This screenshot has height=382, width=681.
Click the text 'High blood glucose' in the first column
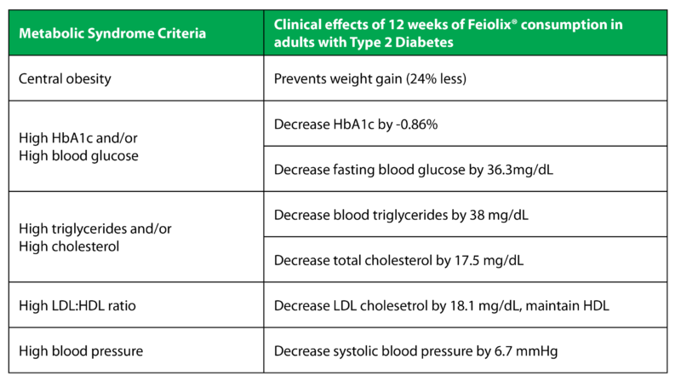pyautogui.click(x=78, y=156)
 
